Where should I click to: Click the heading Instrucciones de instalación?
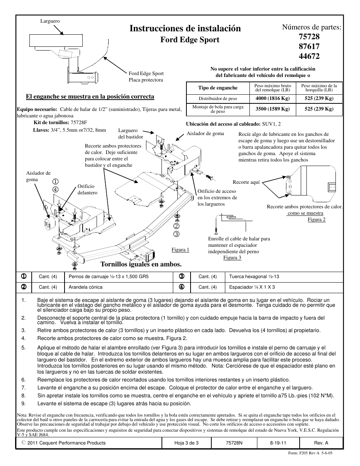coord(185,28)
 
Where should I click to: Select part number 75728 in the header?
coord(309,37)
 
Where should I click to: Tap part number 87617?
coord(309,47)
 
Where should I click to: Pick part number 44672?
coord(309,57)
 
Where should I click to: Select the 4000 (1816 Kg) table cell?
coord(272,98)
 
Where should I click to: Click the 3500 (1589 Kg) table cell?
coord(272,109)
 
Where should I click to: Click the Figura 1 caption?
coord(180,250)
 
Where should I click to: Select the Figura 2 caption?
coord(316,220)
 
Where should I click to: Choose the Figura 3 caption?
coord(232,258)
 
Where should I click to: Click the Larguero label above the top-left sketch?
coord(50,22)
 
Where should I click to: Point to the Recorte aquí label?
coord(246,182)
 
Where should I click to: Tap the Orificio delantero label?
coord(87,189)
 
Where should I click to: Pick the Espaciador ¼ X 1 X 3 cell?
coord(252,287)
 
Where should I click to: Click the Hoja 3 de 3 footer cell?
coord(186,443)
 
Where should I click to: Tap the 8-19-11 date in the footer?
coord(278,443)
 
